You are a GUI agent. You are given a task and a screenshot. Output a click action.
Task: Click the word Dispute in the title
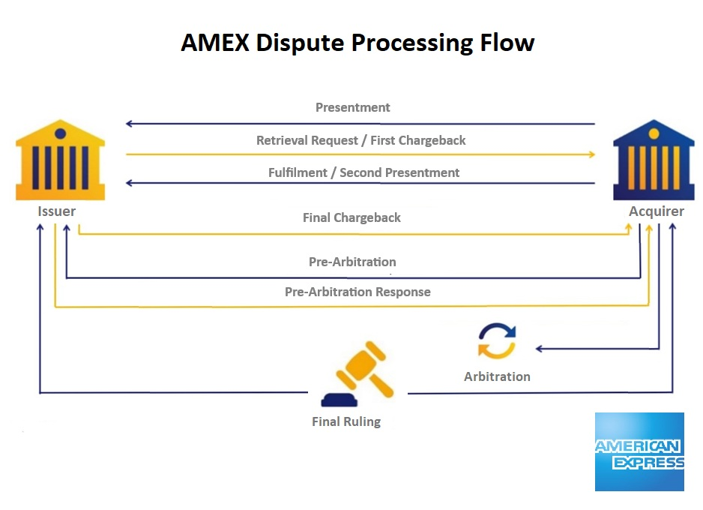tap(300, 43)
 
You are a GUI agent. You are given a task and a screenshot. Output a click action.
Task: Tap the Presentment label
tap(353, 108)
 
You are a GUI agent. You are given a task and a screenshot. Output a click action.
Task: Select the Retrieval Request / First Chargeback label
tap(361, 140)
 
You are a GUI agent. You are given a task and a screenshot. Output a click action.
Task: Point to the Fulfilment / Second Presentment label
tap(363, 172)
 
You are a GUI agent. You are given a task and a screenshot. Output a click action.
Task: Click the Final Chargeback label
tap(351, 217)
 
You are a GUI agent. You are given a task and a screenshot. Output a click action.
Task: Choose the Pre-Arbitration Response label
tap(357, 292)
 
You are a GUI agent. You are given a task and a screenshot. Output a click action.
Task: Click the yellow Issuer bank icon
tap(61, 160)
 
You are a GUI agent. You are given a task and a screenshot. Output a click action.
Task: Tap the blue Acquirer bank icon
tap(654, 160)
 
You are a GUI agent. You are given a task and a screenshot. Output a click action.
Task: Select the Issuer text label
tap(56, 211)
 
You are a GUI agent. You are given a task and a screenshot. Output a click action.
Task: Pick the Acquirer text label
tap(657, 211)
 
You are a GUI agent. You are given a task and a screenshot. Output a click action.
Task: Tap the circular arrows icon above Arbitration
tap(497, 341)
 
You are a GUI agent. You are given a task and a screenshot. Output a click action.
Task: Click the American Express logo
tap(640, 452)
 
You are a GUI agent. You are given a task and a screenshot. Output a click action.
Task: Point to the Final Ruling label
tap(346, 422)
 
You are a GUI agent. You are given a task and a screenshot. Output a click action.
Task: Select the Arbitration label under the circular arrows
tap(497, 376)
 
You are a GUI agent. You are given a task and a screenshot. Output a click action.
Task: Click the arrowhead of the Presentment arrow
tap(129, 123)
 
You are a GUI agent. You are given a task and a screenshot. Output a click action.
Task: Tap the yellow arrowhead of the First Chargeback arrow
tap(592, 154)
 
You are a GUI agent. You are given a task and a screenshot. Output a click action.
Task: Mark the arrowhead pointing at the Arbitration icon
tap(539, 349)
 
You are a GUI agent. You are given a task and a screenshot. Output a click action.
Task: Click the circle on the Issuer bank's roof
tap(61, 133)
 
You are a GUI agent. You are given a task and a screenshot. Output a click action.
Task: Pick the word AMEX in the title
tap(215, 43)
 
